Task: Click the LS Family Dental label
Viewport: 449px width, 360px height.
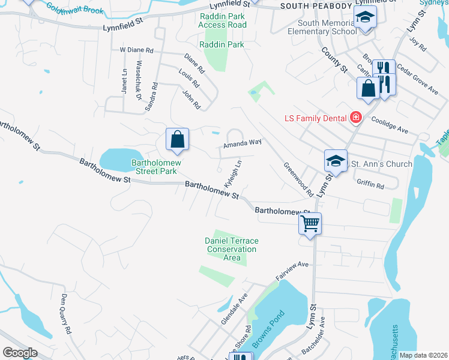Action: click(316, 116)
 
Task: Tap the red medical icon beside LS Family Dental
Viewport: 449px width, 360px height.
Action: click(356, 116)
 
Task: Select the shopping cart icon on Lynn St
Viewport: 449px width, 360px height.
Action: click(310, 224)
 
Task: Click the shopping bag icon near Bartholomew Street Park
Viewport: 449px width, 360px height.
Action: click(178, 140)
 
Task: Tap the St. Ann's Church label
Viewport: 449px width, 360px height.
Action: click(381, 164)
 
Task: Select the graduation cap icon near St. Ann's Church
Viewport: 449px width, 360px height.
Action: click(336, 161)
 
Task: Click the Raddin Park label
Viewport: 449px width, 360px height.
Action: click(222, 44)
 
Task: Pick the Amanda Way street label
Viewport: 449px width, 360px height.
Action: click(243, 143)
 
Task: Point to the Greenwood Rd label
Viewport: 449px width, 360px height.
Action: click(298, 179)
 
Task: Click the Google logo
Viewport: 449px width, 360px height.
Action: click(20, 352)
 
